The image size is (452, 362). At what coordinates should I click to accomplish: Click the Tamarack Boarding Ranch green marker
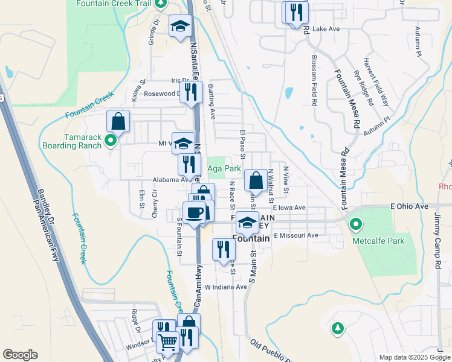click(x=110, y=141)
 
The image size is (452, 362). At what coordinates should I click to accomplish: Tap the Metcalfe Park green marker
click(x=356, y=225)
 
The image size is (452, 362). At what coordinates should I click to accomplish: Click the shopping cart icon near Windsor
click(x=168, y=341)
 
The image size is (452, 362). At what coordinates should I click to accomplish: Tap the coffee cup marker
click(x=194, y=213)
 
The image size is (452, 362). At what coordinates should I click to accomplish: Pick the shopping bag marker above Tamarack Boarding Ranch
click(x=118, y=121)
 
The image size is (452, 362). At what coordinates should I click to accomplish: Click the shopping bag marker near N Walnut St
click(x=256, y=180)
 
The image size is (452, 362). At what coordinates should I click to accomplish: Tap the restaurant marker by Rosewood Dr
click(x=191, y=92)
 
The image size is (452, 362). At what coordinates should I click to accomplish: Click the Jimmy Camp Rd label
click(x=437, y=247)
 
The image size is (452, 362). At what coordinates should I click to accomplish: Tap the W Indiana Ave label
click(x=226, y=287)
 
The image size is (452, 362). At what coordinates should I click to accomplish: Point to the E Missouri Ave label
click(x=295, y=235)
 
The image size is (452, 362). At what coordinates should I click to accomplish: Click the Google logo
click(x=20, y=355)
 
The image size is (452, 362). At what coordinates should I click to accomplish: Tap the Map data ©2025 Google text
click(x=414, y=357)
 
